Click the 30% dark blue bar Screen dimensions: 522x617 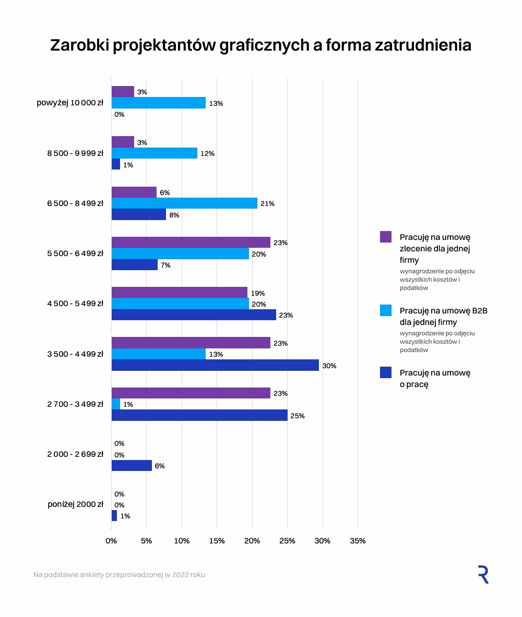tap(215, 365)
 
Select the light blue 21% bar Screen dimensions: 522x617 tap(184, 203)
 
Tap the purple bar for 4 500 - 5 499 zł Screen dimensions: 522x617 tap(179, 293)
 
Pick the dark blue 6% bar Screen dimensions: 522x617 tap(132, 466)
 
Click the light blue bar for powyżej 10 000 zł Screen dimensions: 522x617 tap(158, 103)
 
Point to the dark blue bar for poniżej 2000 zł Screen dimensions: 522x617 tap(114, 515)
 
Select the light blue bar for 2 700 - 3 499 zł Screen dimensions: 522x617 tap(116, 404)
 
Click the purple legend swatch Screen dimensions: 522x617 tap(386, 237)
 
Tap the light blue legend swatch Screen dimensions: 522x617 tap(386, 310)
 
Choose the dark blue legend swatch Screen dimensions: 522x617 tap(386, 372)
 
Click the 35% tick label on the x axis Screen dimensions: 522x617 tap(358, 541)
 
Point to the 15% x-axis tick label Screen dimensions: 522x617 tap(217, 541)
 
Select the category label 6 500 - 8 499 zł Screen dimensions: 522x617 tap(75, 203)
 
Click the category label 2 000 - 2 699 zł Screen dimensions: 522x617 tap(75, 454)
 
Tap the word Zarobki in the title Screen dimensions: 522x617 tap(79, 45)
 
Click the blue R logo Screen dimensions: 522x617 tap(483, 575)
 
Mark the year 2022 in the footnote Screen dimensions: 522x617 tap(180, 575)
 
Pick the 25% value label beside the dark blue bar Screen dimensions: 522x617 tap(298, 416)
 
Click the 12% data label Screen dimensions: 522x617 tap(208, 153)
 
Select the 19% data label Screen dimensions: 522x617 tap(258, 293)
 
